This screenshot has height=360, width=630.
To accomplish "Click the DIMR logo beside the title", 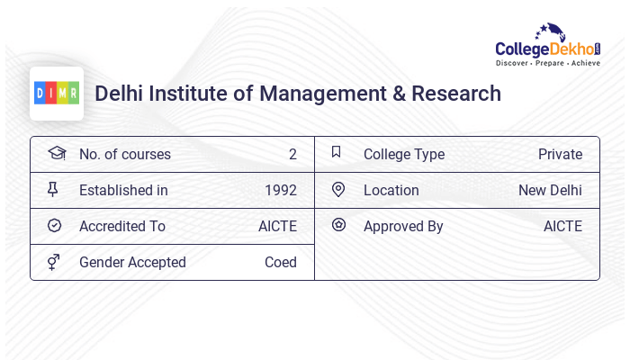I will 57,93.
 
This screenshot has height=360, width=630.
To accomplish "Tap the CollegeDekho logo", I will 548,46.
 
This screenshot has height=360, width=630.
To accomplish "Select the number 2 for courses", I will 292,154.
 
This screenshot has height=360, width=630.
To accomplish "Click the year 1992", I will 281,190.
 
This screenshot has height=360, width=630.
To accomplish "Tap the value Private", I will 560,154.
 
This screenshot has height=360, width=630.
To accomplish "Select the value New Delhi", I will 550,190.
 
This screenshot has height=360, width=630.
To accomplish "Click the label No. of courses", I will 125,154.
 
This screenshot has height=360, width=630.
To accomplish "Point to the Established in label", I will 123,190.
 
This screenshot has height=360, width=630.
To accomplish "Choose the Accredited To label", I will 122,226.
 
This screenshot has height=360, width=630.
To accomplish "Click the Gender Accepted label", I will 132,262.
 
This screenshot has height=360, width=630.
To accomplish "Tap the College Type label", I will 404,154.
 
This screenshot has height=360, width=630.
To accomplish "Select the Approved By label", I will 403,226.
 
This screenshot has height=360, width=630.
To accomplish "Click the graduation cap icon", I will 56,153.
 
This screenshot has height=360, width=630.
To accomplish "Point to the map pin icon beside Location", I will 338,189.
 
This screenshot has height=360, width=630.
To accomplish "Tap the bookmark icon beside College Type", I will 337,152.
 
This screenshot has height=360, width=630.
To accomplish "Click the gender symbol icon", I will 54,262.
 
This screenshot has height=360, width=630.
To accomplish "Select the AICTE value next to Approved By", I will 562,226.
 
